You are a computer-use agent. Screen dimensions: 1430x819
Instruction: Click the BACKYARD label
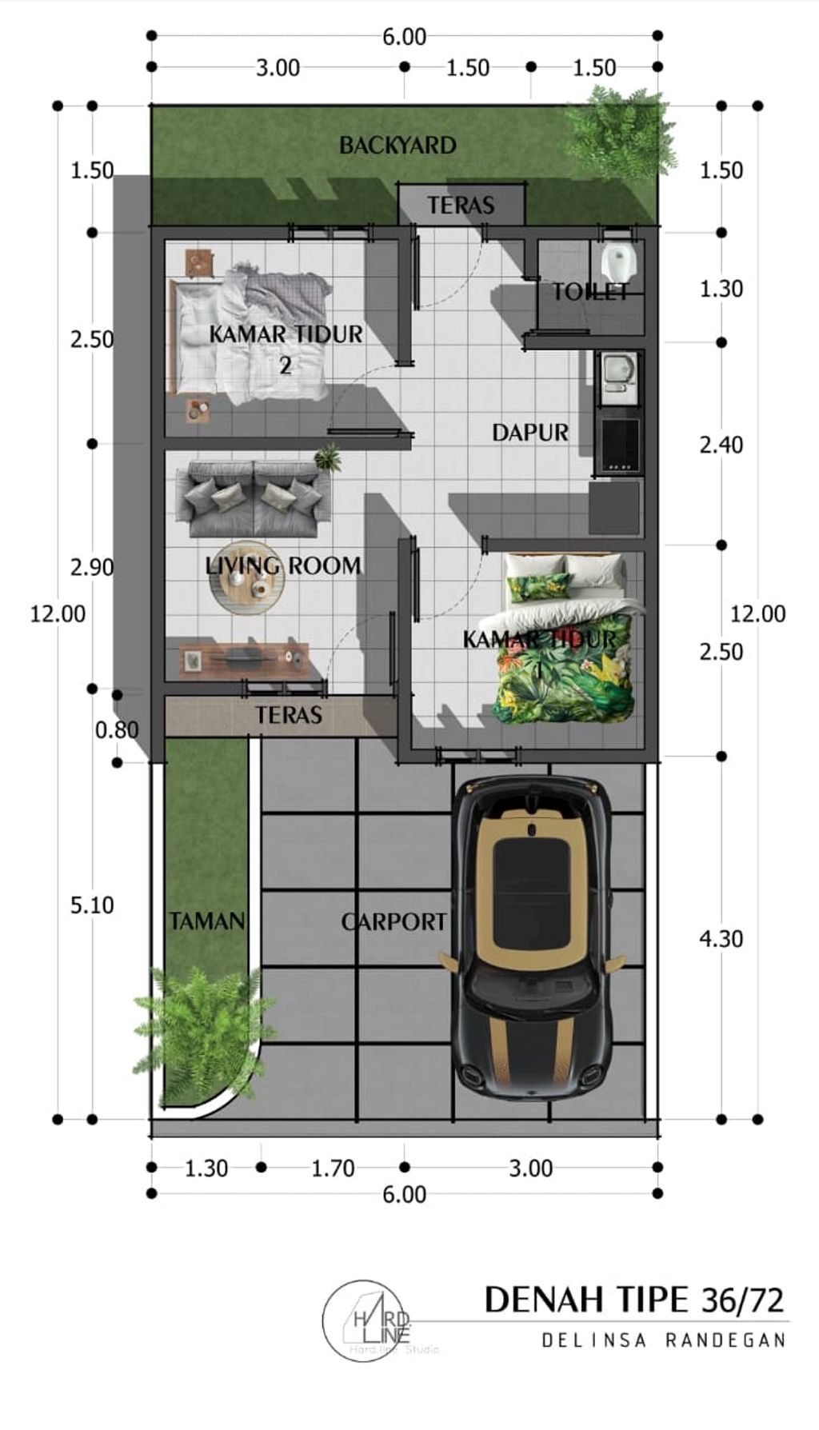click(x=398, y=146)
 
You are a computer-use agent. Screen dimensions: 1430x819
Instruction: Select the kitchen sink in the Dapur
click(x=618, y=373)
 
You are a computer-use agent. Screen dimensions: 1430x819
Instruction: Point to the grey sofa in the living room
click(x=253, y=497)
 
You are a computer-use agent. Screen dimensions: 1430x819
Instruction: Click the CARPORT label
click(x=394, y=922)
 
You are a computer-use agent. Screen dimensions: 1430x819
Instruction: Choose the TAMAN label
click(x=206, y=921)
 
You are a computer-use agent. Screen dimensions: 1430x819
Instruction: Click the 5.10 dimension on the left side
click(x=92, y=905)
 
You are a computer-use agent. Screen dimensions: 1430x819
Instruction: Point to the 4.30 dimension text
click(x=721, y=938)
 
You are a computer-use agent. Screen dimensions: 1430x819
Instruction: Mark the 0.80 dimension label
click(x=117, y=729)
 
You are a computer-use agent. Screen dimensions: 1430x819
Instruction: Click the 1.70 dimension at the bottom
click(x=333, y=1168)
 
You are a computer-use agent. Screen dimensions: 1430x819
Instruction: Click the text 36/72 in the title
click(x=742, y=1300)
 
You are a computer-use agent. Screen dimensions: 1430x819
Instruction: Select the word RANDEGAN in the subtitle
click(x=726, y=1340)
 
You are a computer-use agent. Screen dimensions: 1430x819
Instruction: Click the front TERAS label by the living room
click(x=289, y=715)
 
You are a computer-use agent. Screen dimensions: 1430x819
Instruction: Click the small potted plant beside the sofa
click(x=327, y=458)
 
